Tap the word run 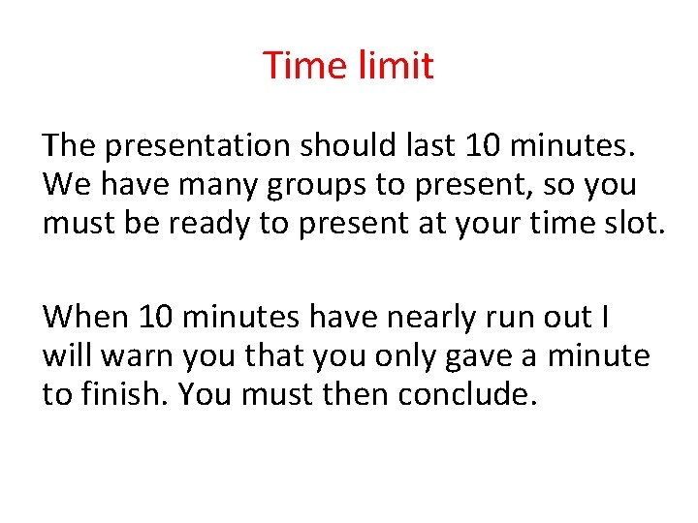[x=513, y=318]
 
